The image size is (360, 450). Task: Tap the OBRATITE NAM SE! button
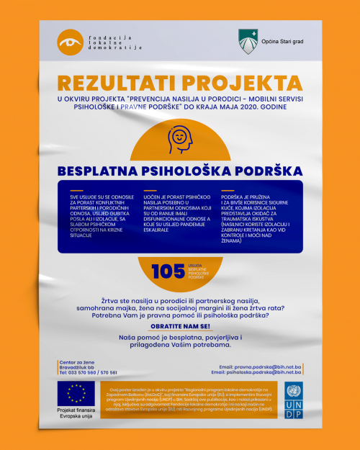click(179, 326)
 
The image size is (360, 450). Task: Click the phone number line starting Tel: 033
click(88, 373)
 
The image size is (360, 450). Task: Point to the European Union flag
click(76, 392)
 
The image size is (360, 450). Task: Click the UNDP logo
click(294, 397)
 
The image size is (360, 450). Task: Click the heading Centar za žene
click(77, 361)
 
